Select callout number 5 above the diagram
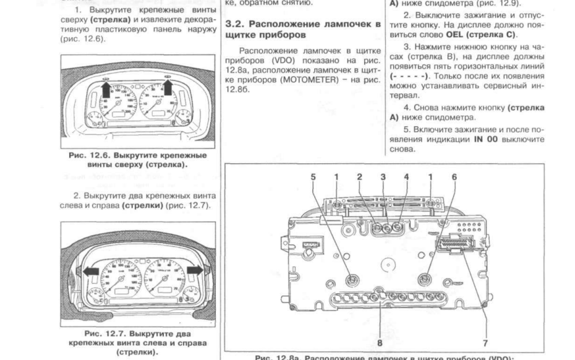[313, 176]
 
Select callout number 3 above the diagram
[383, 176]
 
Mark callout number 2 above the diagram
[359, 176]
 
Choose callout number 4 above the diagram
[406, 176]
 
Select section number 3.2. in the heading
[236, 24]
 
